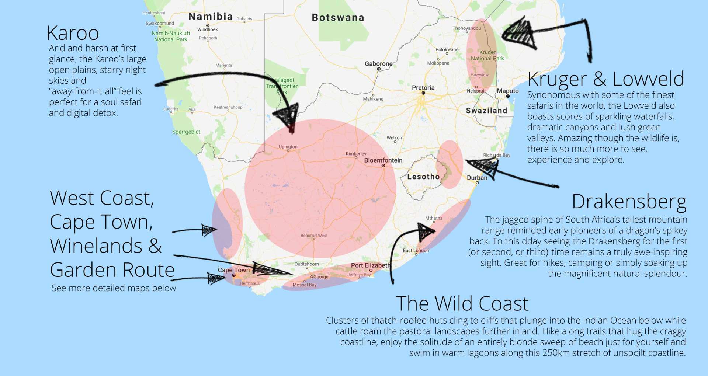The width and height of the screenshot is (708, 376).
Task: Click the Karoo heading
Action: click(x=73, y=34)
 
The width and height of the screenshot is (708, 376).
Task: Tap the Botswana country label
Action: click(x=338, y=18)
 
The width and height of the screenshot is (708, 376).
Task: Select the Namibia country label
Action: click(x=211, y=17)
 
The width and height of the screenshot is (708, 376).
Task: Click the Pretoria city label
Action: click(x=423, y=88)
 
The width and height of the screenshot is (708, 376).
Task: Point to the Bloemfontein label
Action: click(x=383, y=160)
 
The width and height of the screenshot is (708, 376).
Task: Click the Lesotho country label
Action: click(x=423, y=177)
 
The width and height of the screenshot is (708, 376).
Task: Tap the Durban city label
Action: click(x=477, y=178)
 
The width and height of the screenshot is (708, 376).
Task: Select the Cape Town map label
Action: click(x=233, y=270)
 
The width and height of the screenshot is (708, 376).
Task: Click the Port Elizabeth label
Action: click(x=370, y=265)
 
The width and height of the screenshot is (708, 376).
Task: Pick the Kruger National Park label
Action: click(x=487, y=55)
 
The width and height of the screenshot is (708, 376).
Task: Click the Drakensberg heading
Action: click(x=629, y=202)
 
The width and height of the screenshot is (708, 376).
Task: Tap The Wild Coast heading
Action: click(x=462, y=304)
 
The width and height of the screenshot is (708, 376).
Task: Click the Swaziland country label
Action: click(x=486, y=111)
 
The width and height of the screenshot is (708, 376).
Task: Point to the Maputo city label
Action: click(x=507, y=91)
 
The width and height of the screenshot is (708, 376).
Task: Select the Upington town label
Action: click(x=288, y=147)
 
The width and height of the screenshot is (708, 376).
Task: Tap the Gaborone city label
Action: click(x=378, y=64)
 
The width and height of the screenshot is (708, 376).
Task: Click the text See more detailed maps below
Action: click(x=114, y=288)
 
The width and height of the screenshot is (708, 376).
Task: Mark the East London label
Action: click(x=416, y=251)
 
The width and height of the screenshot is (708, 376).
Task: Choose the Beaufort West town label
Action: click(x=314, y=236)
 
